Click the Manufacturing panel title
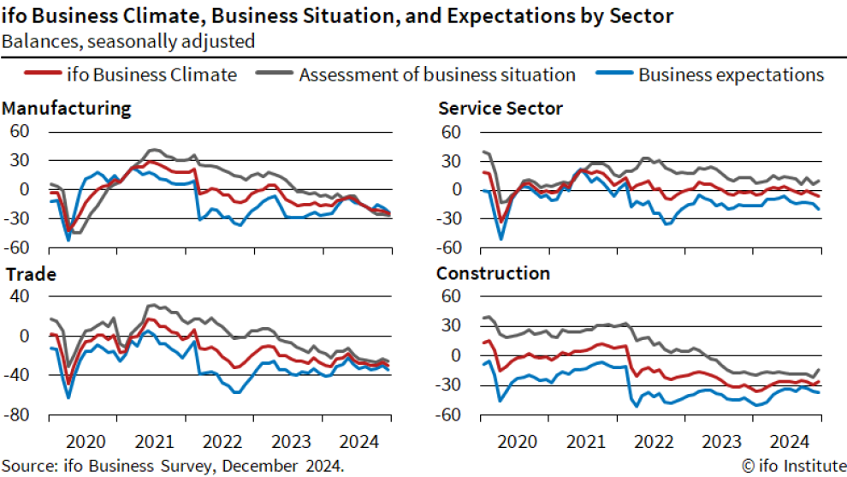tap(67, 109)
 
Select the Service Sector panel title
tap(500, 109)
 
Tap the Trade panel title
tap(30, 275)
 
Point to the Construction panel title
tap(493, 274)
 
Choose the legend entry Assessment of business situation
tap(436, 75)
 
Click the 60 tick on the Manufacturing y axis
tap(19, 131)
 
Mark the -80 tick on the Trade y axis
tap(18, 415)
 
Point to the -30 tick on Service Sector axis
tap(449, 219)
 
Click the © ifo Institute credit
tap(791, 466)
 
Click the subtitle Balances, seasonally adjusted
tap(127, 39)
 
